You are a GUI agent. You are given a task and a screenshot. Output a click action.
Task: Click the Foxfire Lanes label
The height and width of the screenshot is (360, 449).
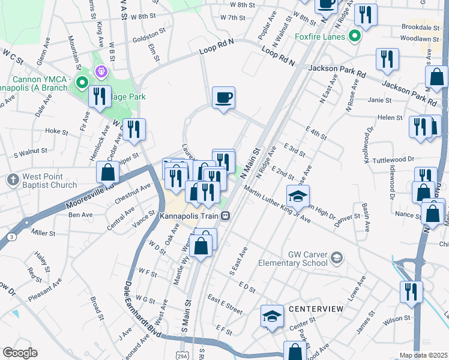320,37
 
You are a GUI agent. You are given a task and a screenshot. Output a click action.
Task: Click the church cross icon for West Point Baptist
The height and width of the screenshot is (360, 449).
13,179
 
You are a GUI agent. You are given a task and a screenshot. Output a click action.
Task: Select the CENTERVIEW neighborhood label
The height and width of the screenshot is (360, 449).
316,308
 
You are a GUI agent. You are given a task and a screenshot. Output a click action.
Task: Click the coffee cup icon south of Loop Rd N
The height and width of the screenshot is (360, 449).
223,97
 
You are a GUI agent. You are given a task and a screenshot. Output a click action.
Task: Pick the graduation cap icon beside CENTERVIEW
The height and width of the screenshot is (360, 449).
272,316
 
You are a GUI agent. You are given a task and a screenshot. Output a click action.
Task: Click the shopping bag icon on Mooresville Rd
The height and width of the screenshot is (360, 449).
107,172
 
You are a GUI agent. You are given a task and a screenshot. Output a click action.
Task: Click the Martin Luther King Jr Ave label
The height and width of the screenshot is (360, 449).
277,206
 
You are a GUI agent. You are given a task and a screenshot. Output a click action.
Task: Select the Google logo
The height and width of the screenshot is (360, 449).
20,353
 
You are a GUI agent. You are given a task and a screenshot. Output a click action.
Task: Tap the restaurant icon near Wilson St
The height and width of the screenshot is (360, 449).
411,292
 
